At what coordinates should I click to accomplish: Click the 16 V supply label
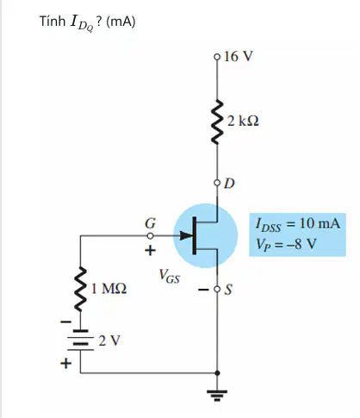coord(239,56)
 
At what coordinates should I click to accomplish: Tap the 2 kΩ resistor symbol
coord(217,122)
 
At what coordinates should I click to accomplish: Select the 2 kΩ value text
coord(243,121)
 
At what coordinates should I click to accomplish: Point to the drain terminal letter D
coord(229,184)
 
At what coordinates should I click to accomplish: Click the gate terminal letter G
coord(150,223)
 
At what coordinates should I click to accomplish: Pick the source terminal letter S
coord(228,290)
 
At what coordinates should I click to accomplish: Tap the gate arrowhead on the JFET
coord(186,236)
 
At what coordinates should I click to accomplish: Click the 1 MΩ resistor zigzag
coord(80,289)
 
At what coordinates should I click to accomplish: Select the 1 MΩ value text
coord(109,288)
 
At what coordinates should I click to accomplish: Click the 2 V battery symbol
coord(80,340)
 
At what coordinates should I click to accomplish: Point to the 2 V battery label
coord(109,340)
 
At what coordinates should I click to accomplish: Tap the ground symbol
coord(217,395)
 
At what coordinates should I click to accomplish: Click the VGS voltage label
coord(170,276)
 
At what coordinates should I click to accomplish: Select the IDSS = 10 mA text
coord(298,224)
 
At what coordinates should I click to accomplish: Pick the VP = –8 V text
coord(286,245)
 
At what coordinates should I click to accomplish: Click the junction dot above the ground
coord(217,373)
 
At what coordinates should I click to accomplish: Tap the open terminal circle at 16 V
coord(217,57)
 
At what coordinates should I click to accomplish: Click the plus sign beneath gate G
coord(150,250)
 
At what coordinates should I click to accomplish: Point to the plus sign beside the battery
coord(65,363)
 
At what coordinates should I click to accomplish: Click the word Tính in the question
coord(53,22)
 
